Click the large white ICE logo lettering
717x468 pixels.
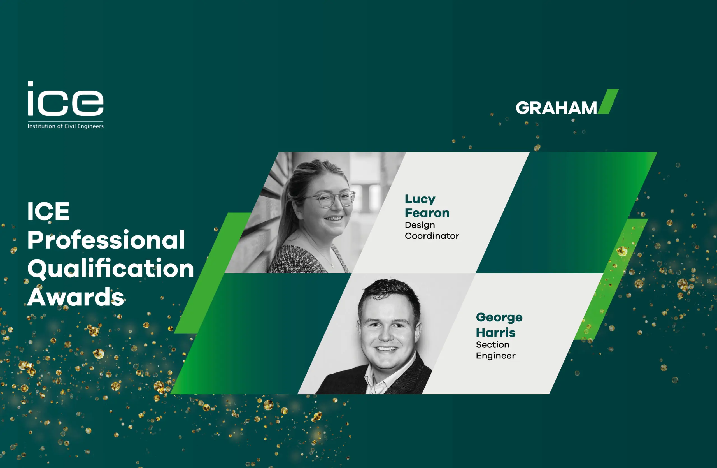pos(66,99)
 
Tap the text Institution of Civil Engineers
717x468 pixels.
pos(66,126)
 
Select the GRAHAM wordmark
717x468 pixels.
pos(556,108)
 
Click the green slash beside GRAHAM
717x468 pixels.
pos(608,101)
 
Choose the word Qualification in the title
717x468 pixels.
pos(111,268)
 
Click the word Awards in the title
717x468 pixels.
pos(76,297)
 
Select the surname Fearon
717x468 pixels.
pos(427,213)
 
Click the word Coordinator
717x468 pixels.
pos(432,236)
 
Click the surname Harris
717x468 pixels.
pos(495,333)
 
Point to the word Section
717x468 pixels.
pos(493,344)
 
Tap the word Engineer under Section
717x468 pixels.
pos(495,356)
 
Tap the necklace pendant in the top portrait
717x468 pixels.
pos(332,265)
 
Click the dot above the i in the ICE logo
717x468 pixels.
pos(31,84)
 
